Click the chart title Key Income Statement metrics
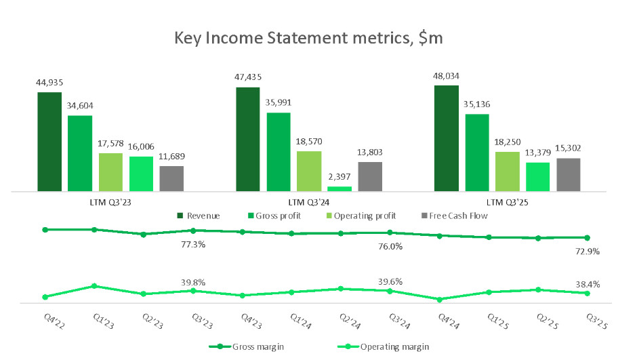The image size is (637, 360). point(308,39)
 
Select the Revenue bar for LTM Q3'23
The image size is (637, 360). point(49,142)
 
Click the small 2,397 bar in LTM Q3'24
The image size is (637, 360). point(340,188)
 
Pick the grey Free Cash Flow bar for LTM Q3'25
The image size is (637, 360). point(568,175)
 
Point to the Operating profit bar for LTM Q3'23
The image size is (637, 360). point(110,172)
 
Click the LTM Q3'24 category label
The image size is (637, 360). point(308,202)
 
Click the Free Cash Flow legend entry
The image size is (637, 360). point(455,216)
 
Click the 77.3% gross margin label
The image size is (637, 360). point(193,244)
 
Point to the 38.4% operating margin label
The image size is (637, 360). point(587,284)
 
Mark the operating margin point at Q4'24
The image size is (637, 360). point(439,300)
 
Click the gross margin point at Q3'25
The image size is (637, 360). point(587,237)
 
